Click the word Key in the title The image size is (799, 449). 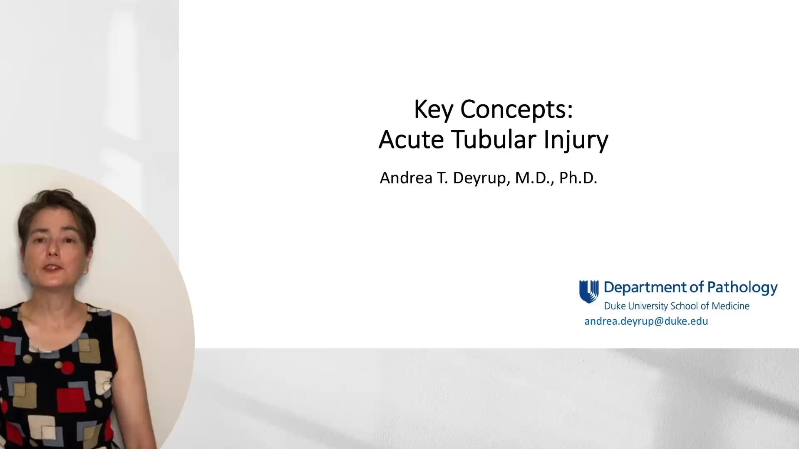click(433, 110)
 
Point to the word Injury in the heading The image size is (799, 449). click(576, 141)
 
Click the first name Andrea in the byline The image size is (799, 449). click(406, 178)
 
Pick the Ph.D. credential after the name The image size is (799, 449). click(578, 178)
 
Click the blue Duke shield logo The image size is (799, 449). click(589, 291)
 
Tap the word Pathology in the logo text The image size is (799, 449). click(742, 288)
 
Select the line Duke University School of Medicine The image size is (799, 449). click(677, 306)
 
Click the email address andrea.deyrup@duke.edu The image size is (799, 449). click(646, 321)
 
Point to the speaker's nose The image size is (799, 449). click(53, 251)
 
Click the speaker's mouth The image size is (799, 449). click(53, 268)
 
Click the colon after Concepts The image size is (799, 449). click(570, 110)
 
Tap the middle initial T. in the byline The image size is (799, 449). click(441, 178)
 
